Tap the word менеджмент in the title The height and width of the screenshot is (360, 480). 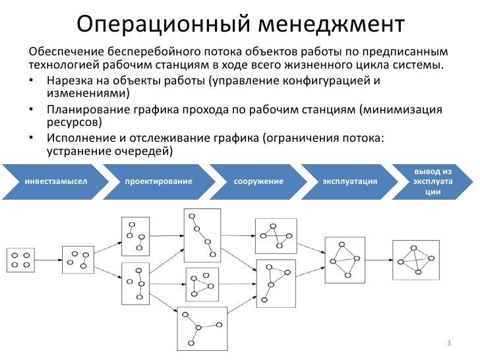tap(330, 24)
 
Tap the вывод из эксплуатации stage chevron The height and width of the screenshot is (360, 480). tap(433, 181)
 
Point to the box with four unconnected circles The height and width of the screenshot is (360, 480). tap(20, 260)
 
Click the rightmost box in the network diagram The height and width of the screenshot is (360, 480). tap(415, 259)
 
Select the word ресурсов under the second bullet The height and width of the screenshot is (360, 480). tap(74, 123)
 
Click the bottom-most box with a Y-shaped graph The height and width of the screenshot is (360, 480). tap(202, 328)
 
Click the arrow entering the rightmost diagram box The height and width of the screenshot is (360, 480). tap(379, 259)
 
